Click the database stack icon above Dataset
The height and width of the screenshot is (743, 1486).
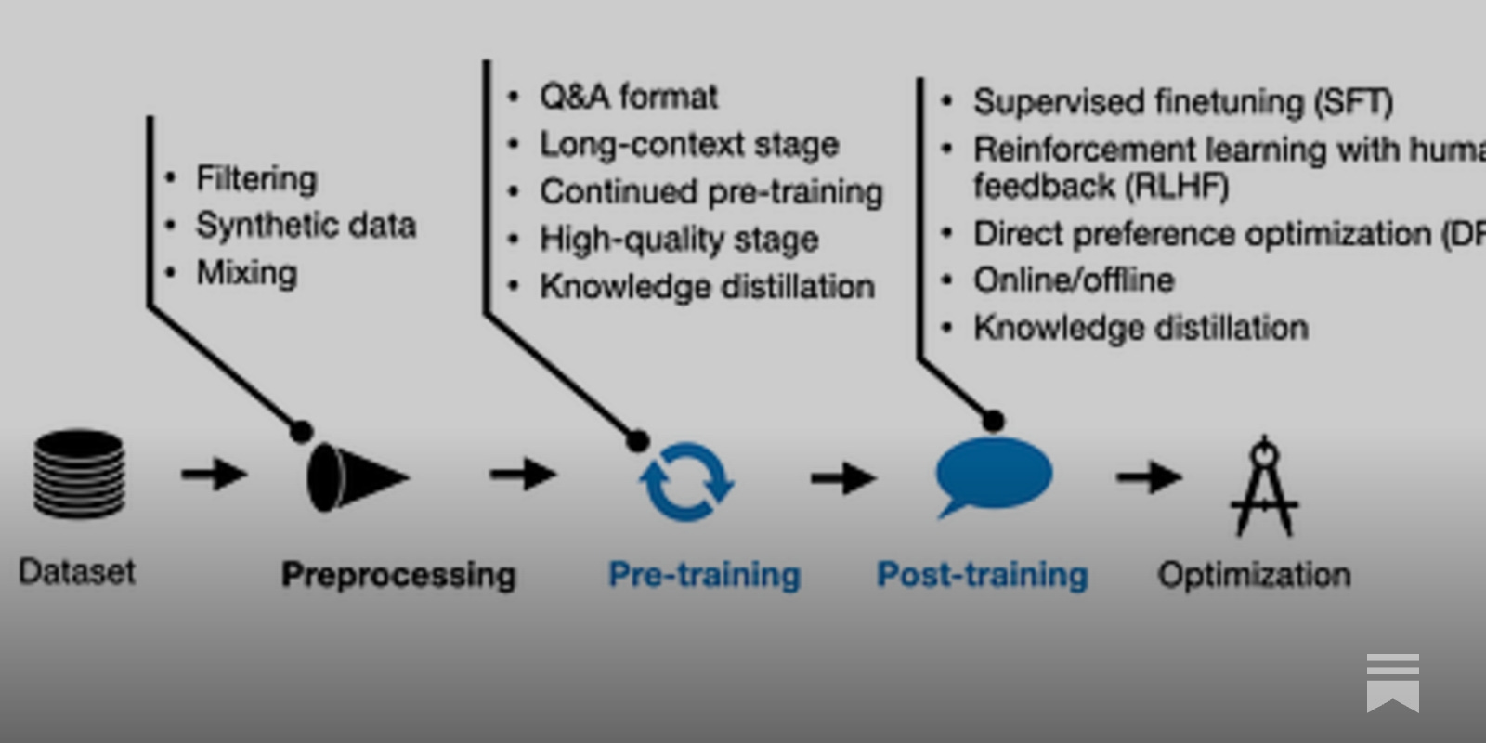[x=79, y=474]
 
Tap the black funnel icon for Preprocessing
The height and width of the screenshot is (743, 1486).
[x=355, y=477]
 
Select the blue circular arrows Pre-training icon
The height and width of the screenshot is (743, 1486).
[x=686, y=480]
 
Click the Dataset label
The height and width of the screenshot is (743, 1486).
[x=77, y=571]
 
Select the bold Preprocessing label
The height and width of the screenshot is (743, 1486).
[x=398, y=575]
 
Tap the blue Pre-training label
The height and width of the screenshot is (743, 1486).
[x=704, y=575]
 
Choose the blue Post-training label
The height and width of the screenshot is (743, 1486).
[x=983, y=575]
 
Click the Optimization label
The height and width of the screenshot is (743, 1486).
[x=1254, y=575]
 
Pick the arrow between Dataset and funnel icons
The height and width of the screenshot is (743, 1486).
[x=214, y=475]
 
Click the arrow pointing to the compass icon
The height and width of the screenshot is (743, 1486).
[x=1149, y=477]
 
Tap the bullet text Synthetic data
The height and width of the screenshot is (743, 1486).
[x=306, y=226]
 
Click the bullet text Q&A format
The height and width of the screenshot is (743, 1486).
[x=629, y=97]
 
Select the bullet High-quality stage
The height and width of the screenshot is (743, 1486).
[x=679, y=240]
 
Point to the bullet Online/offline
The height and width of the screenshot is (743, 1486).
[x=1074, y=280]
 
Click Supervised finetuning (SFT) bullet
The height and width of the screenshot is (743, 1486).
[x=1182, y=101]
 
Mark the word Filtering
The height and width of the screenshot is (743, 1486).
[x=256, y=178]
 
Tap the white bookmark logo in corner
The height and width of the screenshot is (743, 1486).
[x=1392, y=683]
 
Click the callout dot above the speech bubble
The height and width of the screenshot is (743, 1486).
[x=993, y=422]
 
